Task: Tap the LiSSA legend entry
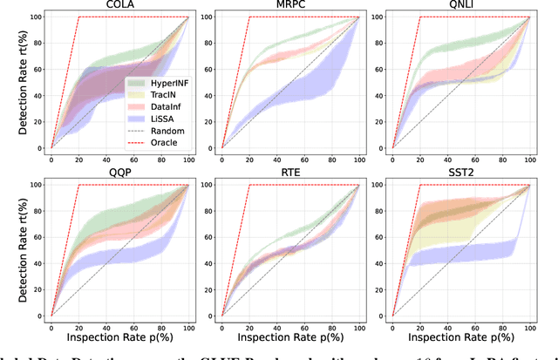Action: tap(153, 117)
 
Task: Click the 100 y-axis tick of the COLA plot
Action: tap(36, 17)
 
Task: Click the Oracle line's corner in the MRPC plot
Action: tap(249, 17)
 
